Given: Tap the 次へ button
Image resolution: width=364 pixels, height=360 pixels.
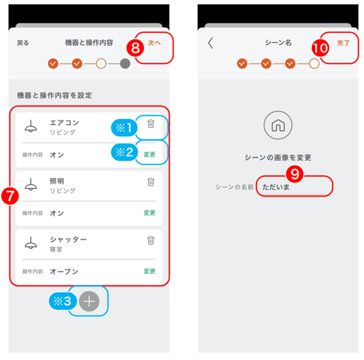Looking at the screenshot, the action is tap(154, 43).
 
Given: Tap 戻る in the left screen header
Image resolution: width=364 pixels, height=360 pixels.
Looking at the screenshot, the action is tap(23, 43).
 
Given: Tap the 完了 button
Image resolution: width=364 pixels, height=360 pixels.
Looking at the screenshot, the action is tap(343, 43).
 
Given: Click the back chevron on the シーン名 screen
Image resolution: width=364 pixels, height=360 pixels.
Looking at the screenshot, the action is tap(211, 43).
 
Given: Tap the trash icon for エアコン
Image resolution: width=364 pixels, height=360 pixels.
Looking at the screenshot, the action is tap(151, 123).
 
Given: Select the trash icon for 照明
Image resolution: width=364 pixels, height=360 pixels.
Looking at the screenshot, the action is tap(151, 182).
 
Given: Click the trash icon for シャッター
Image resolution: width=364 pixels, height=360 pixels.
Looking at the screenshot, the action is tap(151, 240).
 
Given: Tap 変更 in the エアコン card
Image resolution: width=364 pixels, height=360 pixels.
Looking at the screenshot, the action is tap(150, 155).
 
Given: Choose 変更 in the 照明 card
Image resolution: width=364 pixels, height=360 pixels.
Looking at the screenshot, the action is tap(150, 212).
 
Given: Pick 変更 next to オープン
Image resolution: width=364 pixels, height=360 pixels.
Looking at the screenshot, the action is tap(150, 271).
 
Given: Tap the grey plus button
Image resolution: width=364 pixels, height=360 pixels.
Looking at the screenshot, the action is tap(89, 302).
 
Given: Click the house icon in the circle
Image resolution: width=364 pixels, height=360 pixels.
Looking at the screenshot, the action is tap(278, 125).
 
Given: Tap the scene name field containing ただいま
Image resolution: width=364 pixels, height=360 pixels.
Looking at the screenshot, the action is tap(294, 187).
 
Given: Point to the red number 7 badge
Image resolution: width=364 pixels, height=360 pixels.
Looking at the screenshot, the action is tap(10, 196).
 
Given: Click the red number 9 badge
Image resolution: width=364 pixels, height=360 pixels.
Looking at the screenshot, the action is tap(295, 174).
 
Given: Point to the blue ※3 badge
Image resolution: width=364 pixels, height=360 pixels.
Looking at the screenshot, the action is tap(63, 302).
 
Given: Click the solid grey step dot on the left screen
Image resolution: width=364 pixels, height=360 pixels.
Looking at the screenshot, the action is tap(125, 63).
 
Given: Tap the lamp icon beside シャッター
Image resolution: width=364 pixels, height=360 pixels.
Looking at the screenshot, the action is tap(31, 242).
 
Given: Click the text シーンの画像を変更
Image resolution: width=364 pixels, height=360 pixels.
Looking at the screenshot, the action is tap(278, 158).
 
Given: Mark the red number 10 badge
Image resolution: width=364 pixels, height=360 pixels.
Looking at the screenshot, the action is tap(321, 48).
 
